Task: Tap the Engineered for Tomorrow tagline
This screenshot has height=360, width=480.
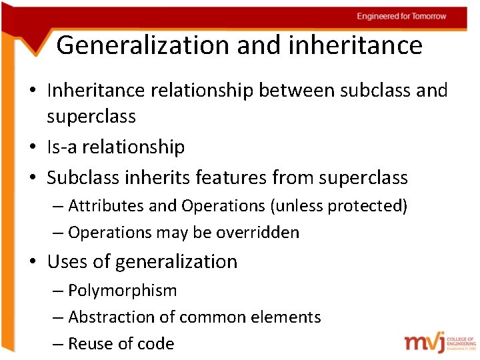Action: click(401, 16)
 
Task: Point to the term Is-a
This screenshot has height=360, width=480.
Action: click(62, 147)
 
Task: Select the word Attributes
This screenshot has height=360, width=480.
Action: click(107, 206)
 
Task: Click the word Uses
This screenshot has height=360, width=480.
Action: click(65, 262)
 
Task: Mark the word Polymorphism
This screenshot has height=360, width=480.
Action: click(123, 291)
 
